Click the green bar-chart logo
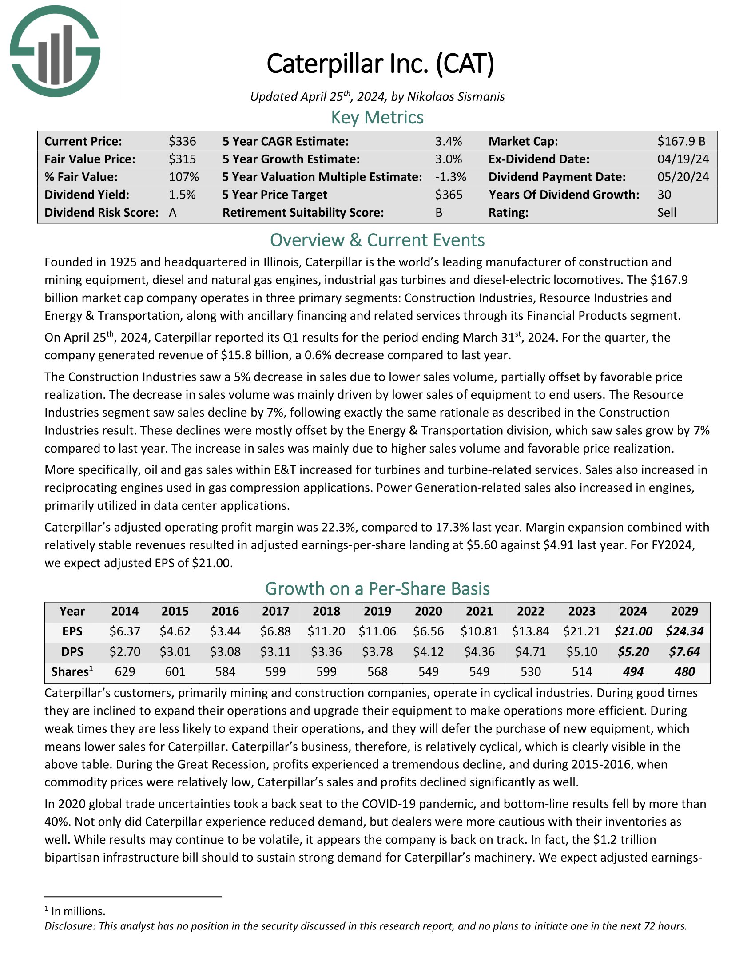55,52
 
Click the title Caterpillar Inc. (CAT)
380,64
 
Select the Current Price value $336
182,141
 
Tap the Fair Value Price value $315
182,159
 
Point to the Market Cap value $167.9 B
681,141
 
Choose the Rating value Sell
667,212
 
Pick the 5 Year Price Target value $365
449,195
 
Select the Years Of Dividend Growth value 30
664,195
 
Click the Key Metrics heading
377,118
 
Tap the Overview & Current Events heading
377,240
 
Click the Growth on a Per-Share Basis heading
377,589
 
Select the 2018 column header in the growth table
326,611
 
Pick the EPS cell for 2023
581,631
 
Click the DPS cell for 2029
684,652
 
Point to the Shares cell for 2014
125,672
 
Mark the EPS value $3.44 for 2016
225,631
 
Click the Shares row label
72,672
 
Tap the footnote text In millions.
78,911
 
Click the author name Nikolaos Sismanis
456,97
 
